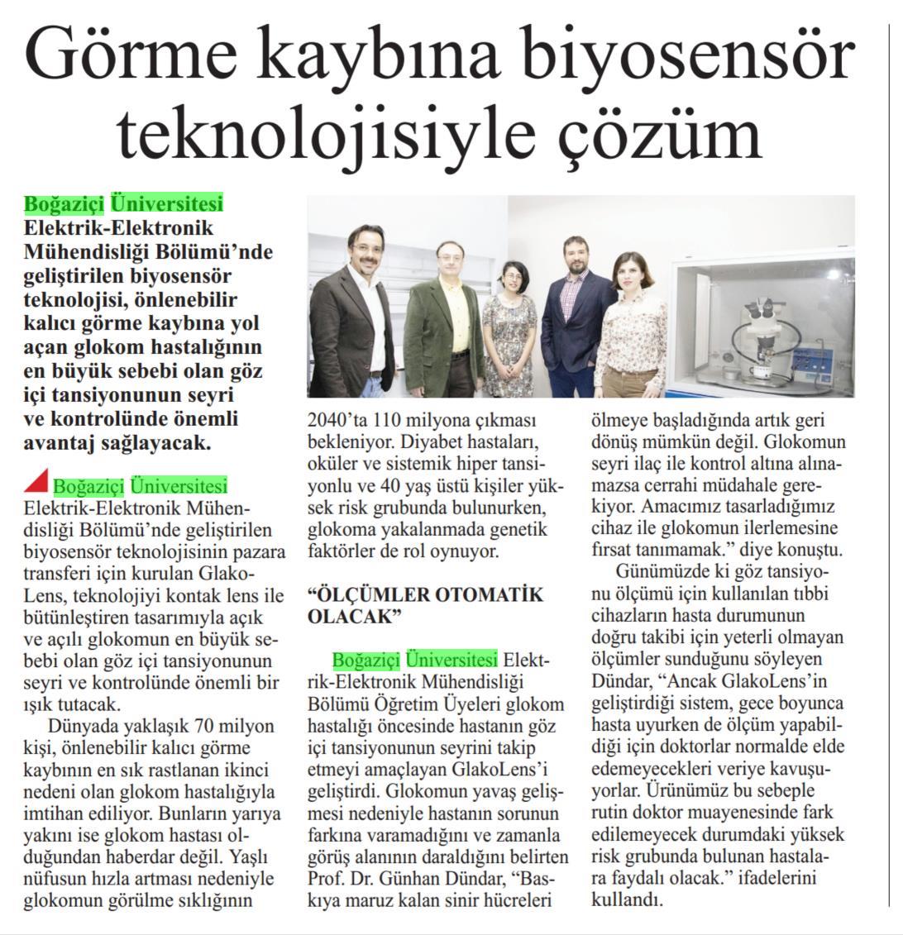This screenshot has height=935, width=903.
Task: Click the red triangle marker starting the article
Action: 36,481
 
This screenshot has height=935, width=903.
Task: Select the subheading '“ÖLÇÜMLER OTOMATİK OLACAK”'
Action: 425,604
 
